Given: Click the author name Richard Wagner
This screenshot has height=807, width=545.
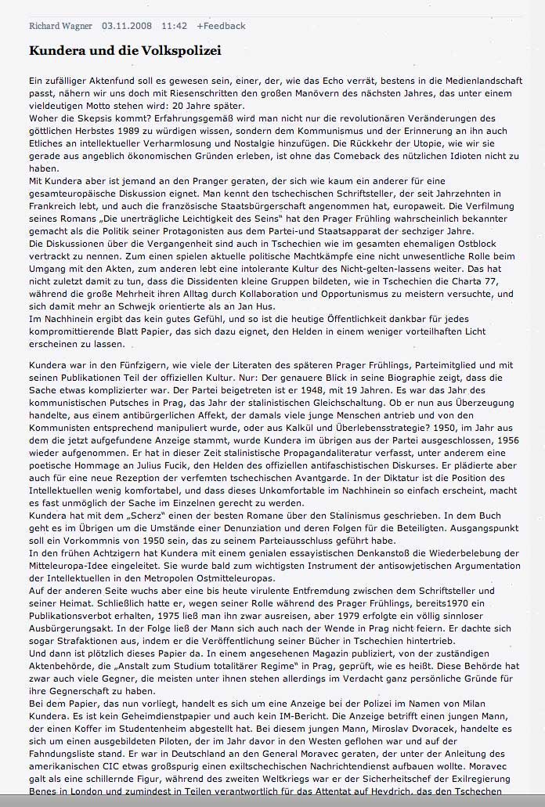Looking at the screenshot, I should [61, 26].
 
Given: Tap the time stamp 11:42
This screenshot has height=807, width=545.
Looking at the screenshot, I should [175, 26].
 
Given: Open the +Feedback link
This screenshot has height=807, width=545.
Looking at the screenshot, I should [221, 26].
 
